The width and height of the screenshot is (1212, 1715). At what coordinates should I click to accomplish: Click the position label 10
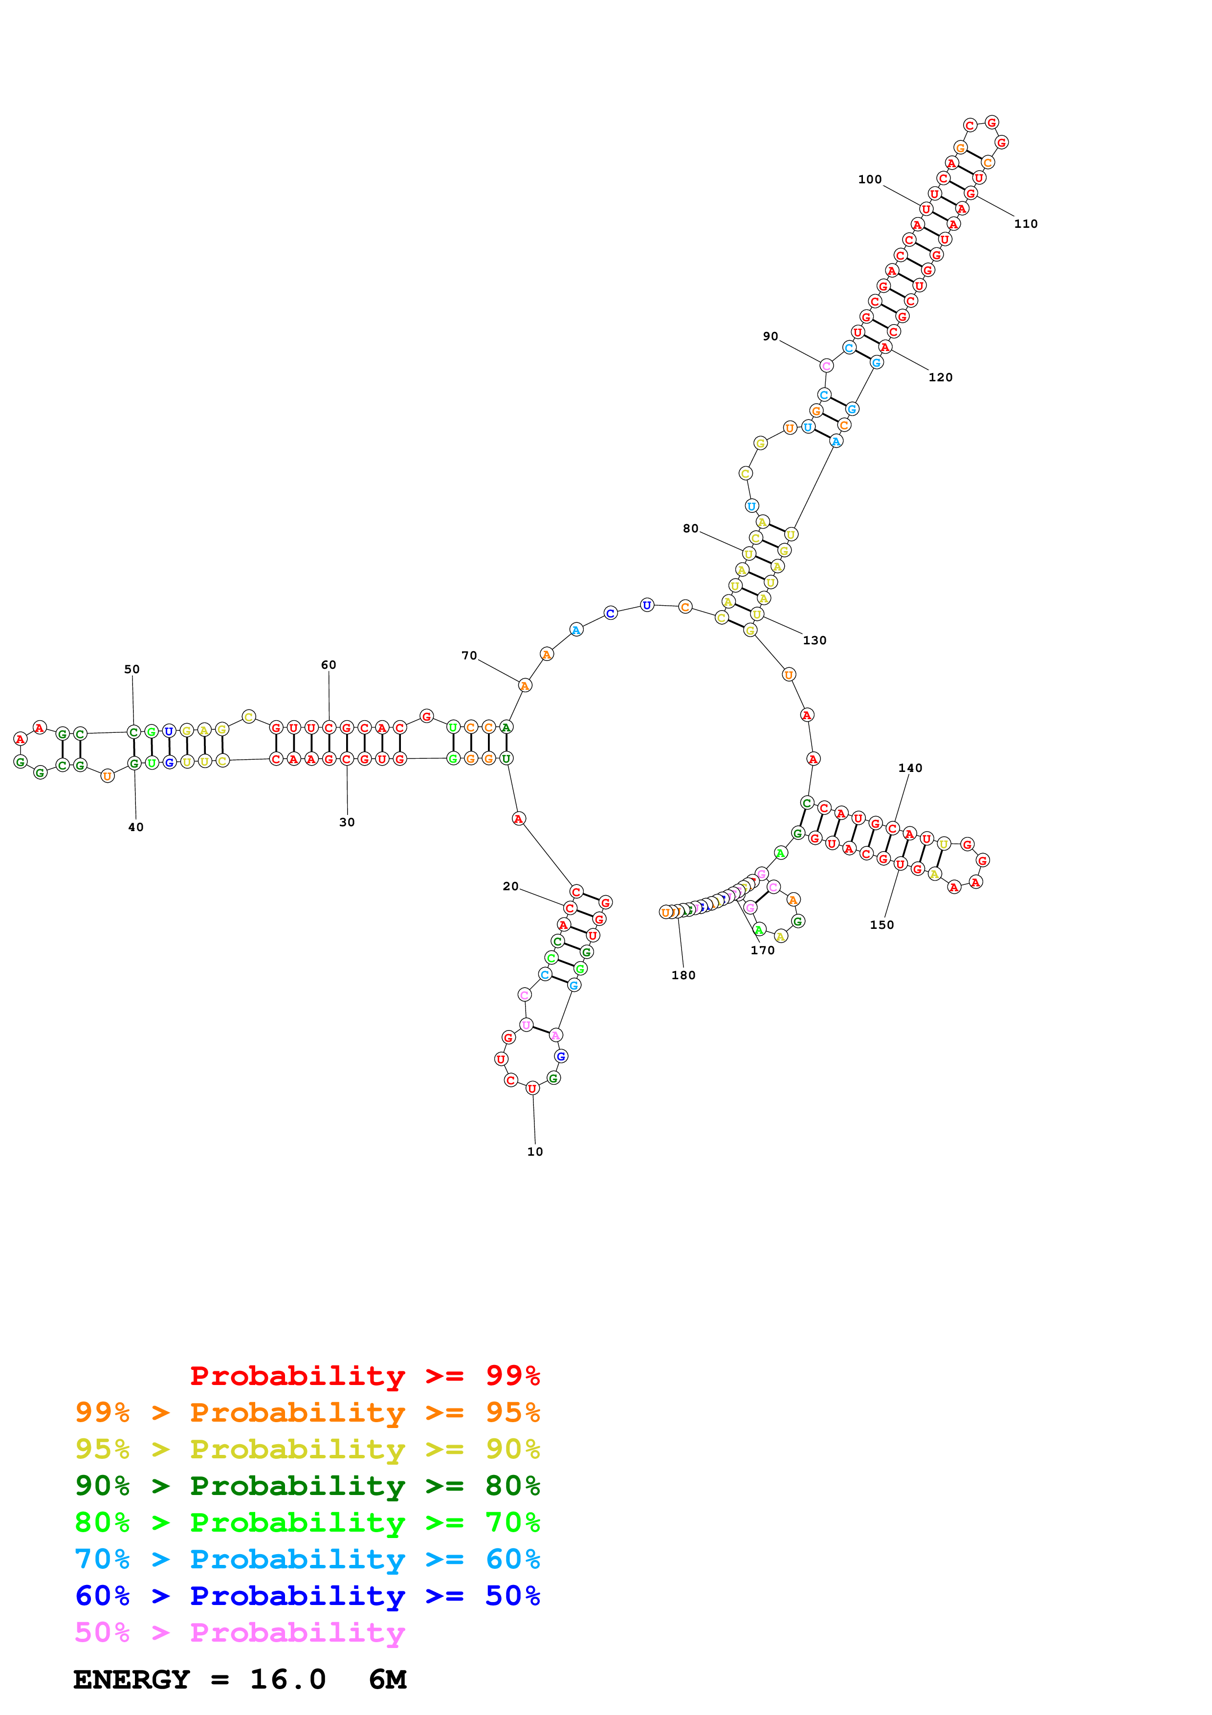[535, 1151]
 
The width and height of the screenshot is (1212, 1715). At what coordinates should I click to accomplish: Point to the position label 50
[132, 668]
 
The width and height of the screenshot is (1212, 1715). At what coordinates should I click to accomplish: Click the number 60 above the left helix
[328, 664]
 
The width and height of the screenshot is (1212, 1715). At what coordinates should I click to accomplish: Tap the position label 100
[869, 179]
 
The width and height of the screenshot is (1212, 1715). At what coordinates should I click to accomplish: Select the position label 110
[1025, 223]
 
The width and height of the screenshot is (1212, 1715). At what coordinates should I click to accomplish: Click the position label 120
[940, 377]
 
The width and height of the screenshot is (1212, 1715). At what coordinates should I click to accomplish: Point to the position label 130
[814, 640]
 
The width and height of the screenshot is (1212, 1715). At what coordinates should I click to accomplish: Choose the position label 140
[909, 768]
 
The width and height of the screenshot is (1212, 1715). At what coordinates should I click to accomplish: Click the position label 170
[762, 950]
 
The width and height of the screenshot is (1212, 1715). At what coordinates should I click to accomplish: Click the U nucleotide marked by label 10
[532, 1088]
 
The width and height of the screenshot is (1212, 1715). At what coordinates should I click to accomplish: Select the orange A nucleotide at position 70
[525, 685]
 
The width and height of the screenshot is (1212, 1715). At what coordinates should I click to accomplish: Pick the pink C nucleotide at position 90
[826, 365]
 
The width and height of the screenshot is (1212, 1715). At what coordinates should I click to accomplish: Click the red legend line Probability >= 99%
[364, 1376]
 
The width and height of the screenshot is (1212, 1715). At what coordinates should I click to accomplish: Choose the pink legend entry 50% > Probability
[240, 1633]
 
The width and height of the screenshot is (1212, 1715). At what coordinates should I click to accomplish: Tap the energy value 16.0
[287, 1680]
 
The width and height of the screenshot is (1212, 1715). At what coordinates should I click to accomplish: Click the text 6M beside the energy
[388, 1680]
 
